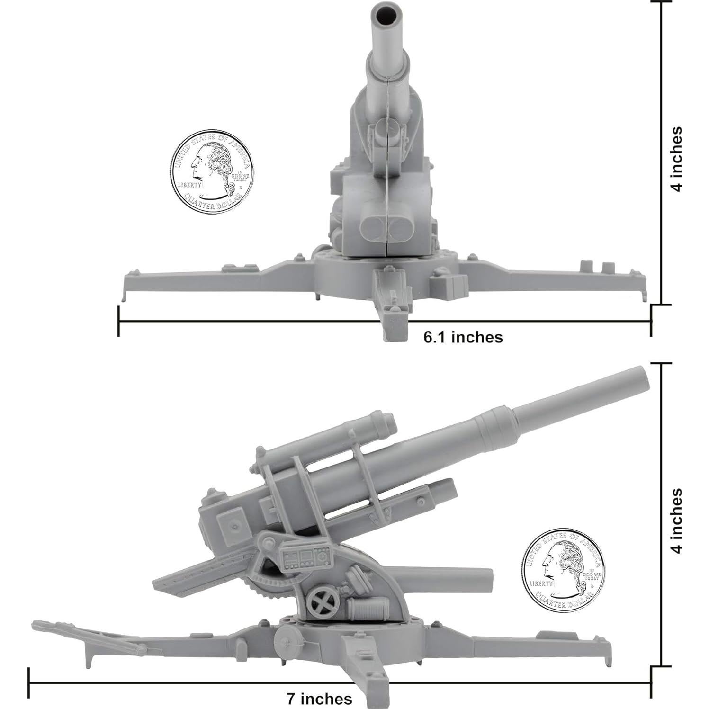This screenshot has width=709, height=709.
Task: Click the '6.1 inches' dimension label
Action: (x=463, y=337)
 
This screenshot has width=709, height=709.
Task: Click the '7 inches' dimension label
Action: (x=319, y=699)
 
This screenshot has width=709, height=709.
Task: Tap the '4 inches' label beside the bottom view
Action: (x=678, y=521)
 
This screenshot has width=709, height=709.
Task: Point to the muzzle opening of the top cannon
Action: (x=386, y=14)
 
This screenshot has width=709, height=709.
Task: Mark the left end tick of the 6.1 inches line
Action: (x=119, y=322)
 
